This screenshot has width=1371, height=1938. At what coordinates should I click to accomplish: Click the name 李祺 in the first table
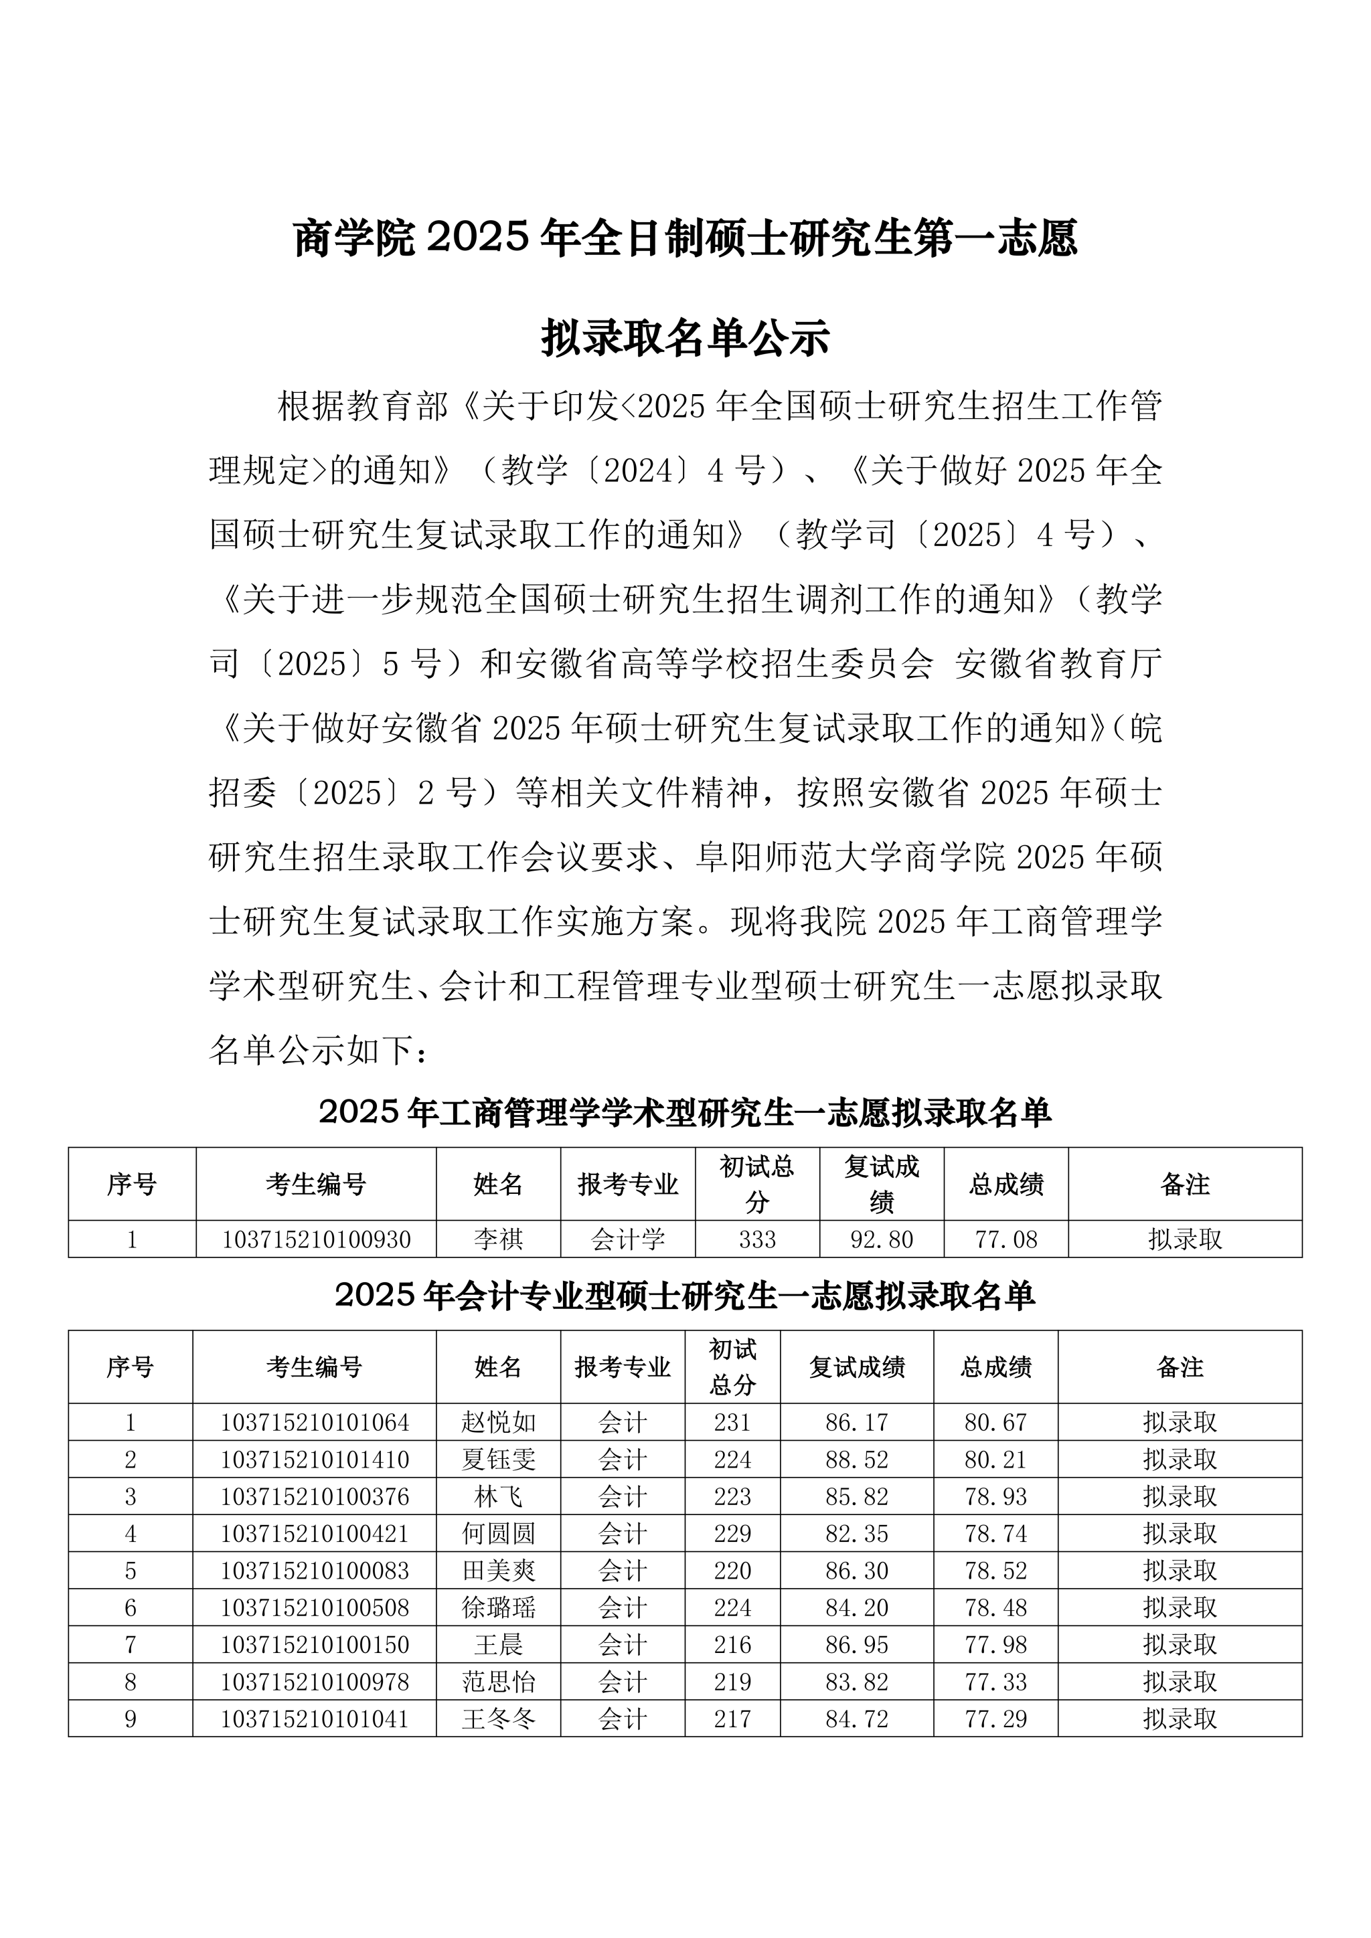[498, 1239]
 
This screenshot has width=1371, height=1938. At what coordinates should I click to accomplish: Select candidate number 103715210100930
[316, 1239]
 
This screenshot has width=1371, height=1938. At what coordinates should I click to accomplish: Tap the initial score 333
[757, 1239]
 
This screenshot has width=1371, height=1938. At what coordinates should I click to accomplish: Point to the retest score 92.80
[882, 1239]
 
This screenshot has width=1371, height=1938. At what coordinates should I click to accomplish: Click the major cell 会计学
[628, 1239]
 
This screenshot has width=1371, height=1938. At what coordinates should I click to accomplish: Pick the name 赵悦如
[498, 1422]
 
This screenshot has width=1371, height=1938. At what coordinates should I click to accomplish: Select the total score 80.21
[995, 1460]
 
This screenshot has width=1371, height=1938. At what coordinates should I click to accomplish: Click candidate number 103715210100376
[315, 1496]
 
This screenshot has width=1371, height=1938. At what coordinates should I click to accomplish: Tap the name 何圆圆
[498, 1534]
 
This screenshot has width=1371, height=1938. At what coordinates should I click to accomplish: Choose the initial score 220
[732, 1571]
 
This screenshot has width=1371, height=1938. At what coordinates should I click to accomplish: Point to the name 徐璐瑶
[498, 1608]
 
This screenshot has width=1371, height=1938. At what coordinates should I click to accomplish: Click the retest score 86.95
[857, 1645]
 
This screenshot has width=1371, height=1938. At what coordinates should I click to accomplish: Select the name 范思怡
[498, 1682]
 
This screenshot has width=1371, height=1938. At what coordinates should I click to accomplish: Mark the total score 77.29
[995, 1719]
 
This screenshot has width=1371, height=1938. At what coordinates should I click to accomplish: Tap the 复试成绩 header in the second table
[857, 1367]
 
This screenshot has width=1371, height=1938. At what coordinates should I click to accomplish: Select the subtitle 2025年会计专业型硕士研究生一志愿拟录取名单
[685, 1296]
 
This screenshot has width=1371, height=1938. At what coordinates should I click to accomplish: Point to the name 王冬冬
[498, 1719]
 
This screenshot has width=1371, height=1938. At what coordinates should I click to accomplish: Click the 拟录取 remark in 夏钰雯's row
[1180, 1460]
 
